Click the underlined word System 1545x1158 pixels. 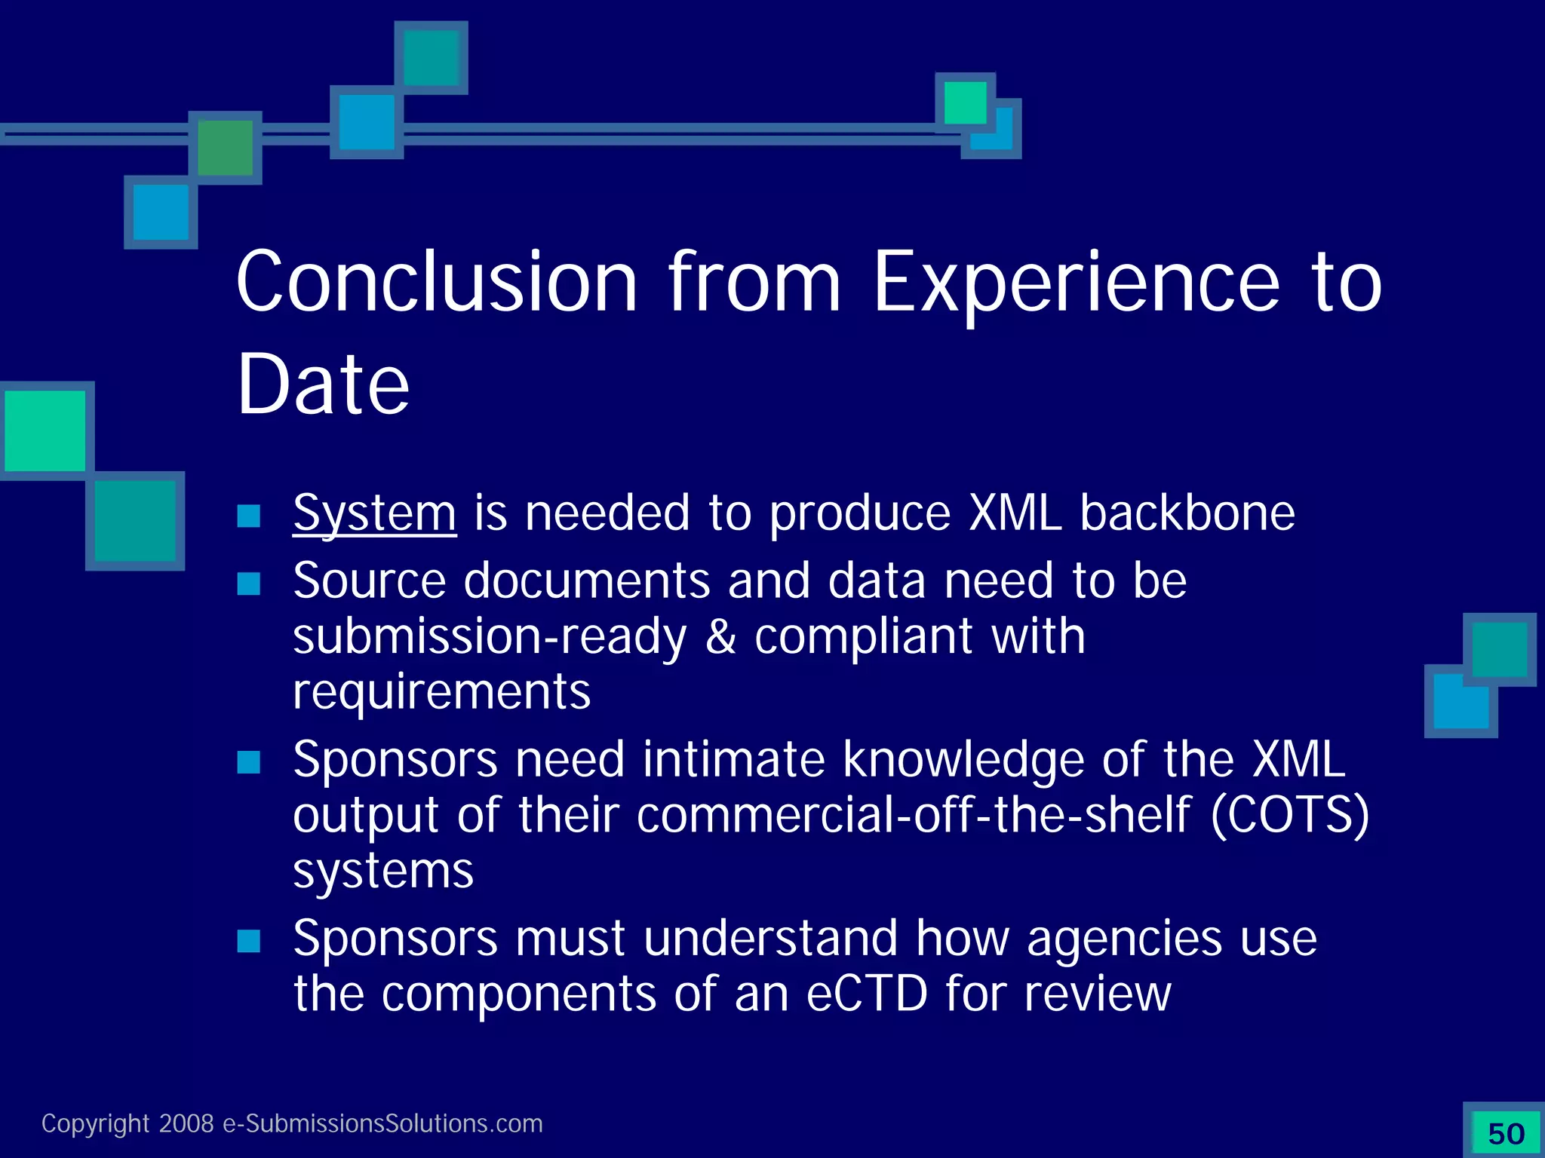tap(374, 514)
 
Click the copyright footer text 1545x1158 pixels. tap(292, 1123)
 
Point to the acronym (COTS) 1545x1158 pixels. tap(1290, 816)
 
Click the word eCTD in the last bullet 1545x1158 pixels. tap(866, 994)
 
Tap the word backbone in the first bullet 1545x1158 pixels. tap(1187, 514)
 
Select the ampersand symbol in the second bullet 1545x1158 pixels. tap(720, 637)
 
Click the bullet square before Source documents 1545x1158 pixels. tap(248, 584)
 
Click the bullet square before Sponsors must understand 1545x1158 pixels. tap(248, 941)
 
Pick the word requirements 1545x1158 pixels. tap(441, 692)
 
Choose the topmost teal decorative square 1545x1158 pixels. tap(431, 58)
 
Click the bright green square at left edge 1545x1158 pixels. tap(45, 430)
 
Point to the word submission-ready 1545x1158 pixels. tap(490, 637)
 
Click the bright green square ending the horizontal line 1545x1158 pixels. tap(965, 103)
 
